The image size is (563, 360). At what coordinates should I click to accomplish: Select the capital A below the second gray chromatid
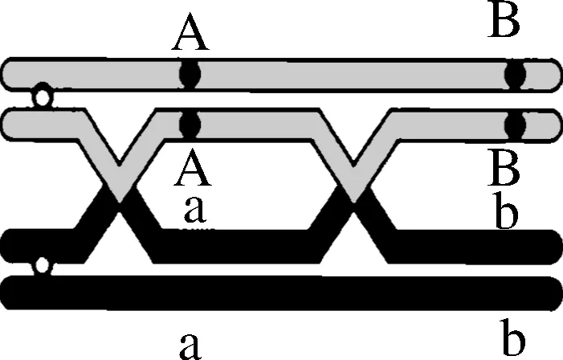(190, 169)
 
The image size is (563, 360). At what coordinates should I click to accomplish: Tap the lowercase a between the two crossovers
(195, 209)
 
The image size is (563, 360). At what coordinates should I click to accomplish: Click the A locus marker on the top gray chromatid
(190, 75)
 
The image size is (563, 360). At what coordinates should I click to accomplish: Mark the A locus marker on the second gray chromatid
(190, 125)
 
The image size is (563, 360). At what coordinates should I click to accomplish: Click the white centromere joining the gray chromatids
(38, 99)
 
